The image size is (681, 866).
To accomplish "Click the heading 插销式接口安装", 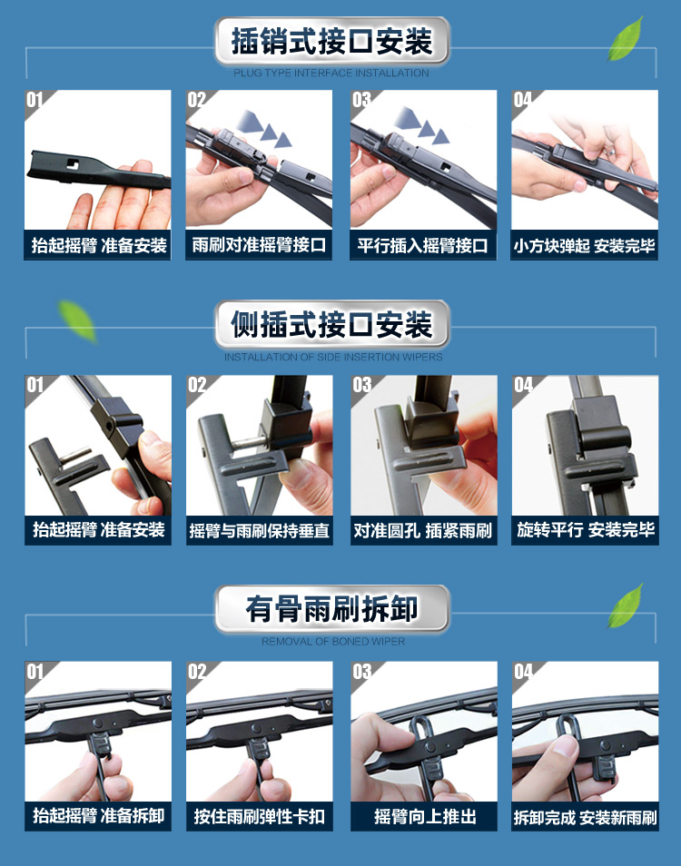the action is click(331, 41).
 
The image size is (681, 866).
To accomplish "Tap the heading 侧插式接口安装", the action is click(331, 324).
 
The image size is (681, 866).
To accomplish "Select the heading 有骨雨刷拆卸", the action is click(331, 608).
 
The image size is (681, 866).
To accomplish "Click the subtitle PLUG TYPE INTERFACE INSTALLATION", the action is click(331, 73).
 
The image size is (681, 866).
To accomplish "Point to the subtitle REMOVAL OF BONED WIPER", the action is click(333, 641).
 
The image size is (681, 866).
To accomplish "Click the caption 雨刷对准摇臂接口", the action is click(259, 245).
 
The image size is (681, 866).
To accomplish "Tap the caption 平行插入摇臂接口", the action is click(422, 245).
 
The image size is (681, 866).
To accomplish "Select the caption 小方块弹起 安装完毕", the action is click(585, 245).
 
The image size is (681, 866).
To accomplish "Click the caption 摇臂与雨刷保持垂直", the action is click(259, 531).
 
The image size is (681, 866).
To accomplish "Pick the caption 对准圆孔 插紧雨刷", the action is click(422, 531).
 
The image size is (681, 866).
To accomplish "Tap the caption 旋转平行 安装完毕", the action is click(586, 530).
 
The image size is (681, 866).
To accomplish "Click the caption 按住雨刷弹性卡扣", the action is click(259, 816).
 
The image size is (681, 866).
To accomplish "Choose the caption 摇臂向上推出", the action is click(425, 816).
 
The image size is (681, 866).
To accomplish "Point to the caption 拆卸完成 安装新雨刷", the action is click(585, 817).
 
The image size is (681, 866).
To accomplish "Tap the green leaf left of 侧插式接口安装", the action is click(78, 320).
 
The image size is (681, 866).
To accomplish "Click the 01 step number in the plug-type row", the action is click(35, 100).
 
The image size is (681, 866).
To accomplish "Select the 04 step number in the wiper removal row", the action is click(523, 672).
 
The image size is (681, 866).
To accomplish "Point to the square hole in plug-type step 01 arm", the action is click(73, 163).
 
